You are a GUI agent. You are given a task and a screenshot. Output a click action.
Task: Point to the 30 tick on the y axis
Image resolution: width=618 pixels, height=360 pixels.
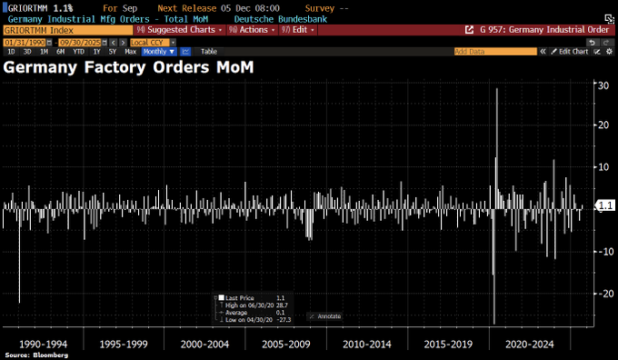click(602, 85)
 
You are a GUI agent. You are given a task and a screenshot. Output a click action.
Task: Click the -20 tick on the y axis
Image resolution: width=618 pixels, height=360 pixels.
click(602, 294)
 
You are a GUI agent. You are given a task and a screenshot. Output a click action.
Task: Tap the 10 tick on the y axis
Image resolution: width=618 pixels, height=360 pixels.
click(602, 167)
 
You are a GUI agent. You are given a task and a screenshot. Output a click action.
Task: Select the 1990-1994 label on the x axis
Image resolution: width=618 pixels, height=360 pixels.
click(42, 345)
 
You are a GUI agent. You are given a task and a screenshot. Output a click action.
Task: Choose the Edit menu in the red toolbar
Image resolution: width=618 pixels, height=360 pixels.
click(300, 30)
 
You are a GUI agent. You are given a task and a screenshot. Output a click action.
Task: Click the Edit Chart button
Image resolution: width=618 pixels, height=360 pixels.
click(573, 52)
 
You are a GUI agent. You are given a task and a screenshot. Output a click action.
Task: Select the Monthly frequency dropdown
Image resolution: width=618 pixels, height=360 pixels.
click(159, 52)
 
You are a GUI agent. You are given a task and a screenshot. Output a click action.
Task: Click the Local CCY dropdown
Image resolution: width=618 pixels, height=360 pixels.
click(148, 42)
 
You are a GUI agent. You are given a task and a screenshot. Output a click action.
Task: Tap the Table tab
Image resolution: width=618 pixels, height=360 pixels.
click(209, 52)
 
